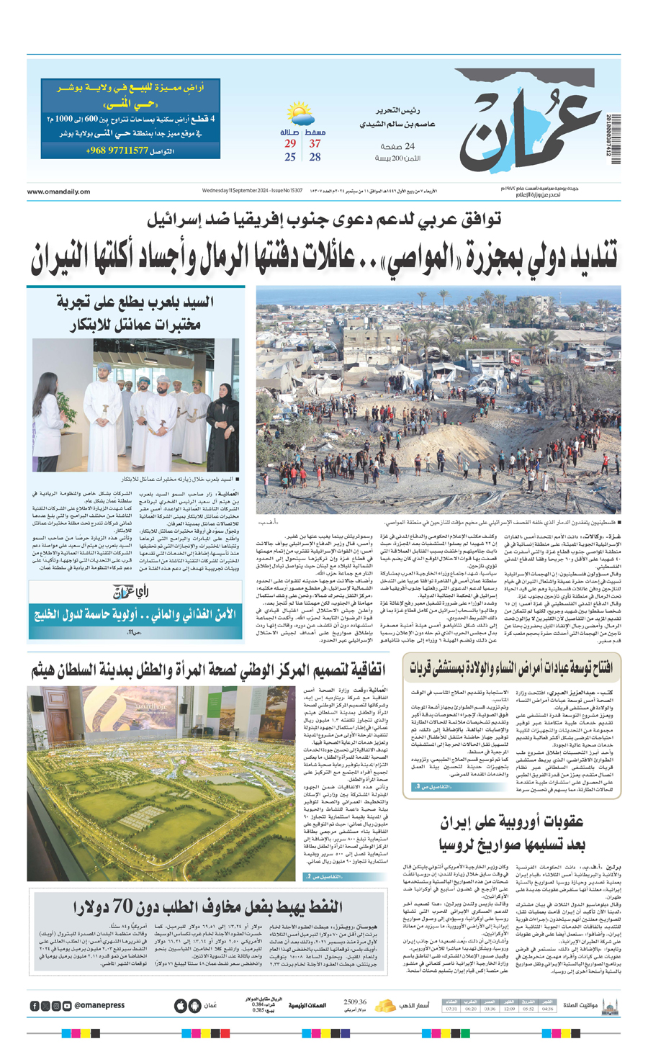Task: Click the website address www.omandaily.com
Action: click(58, 192)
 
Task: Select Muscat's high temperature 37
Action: click(315, 144)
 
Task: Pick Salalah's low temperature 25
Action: click(289, 157)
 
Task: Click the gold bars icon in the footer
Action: click(387, 1005)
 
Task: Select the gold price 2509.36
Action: click(355, 1002)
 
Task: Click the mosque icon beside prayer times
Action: click(610, 1005)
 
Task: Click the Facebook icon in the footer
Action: click(35, 1006)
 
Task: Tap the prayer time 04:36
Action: click(548, 1009)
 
